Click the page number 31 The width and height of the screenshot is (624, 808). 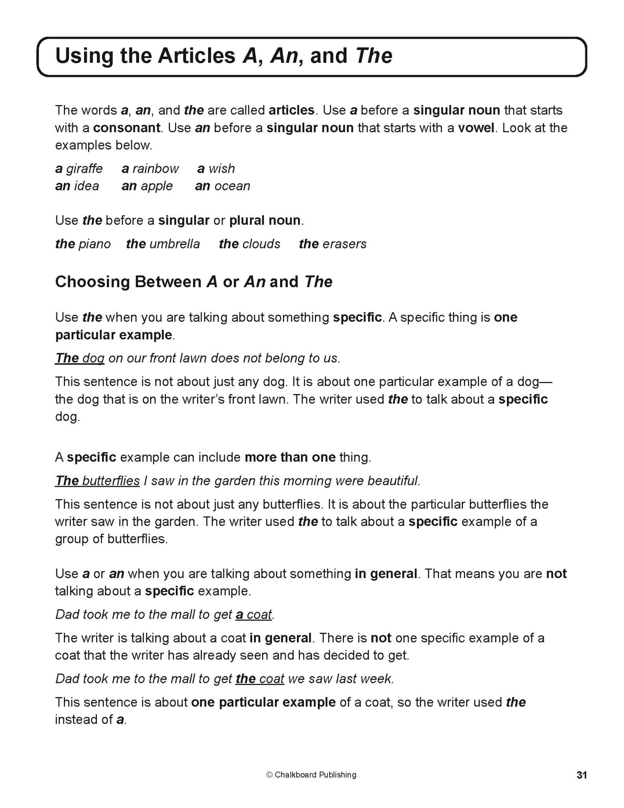click(x=581, y=775)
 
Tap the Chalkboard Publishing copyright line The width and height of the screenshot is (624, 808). click(x=311, y=775)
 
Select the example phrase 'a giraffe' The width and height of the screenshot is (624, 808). click(x=79, y=169)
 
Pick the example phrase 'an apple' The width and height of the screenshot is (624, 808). click(x=147, y=186)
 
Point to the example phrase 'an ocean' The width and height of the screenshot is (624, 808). click(x=222, y=186)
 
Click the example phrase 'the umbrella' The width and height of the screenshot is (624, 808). click(x=163, y=244)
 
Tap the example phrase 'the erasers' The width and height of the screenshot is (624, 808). click(x=333, y=244)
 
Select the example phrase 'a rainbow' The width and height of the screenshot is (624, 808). click(x=150, y=169)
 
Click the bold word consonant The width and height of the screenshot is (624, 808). click(x=127, y=128)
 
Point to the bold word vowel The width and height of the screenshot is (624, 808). click(x=476, y=128)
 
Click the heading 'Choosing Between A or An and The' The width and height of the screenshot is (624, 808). click(x=194, y=282)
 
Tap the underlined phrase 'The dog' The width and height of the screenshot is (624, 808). click(x=80, y=358)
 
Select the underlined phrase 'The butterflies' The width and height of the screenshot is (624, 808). click(x=97, y=481)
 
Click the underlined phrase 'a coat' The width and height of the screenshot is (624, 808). click(x=253, y=615)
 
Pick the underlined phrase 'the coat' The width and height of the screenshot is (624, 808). click(x=260, y=679)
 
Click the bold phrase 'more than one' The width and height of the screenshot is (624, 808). click(x=290, y=458)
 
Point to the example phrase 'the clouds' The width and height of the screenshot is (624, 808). click(x=250, y=244)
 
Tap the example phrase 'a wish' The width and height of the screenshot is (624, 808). click(x=216, y=169)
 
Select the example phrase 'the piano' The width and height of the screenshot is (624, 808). click(x=83, y=244)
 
